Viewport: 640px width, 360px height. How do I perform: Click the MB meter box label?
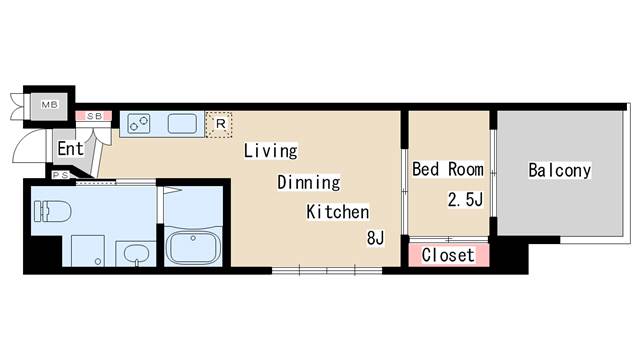50,105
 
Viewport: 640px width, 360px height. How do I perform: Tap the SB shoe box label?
94,116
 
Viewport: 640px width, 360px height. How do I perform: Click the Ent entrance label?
70,149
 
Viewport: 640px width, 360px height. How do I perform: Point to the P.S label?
60,175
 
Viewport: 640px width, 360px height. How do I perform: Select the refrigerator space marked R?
219,124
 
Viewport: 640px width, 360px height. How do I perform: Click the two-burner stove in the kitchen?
139,123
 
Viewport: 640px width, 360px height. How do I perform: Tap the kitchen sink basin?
182,123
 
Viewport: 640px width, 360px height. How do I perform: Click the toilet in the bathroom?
52,211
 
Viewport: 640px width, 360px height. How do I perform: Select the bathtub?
193,247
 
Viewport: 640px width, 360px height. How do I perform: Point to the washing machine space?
88,251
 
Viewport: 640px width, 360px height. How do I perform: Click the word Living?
271,151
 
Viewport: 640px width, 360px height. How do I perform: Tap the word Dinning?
309,182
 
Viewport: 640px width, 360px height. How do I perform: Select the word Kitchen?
338,212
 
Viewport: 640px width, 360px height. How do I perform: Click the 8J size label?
376,238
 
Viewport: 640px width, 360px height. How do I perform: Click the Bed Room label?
448,169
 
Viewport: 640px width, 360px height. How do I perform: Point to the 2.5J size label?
465,200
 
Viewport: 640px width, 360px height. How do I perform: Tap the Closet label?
448,255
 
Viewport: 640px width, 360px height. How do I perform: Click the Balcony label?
560,170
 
